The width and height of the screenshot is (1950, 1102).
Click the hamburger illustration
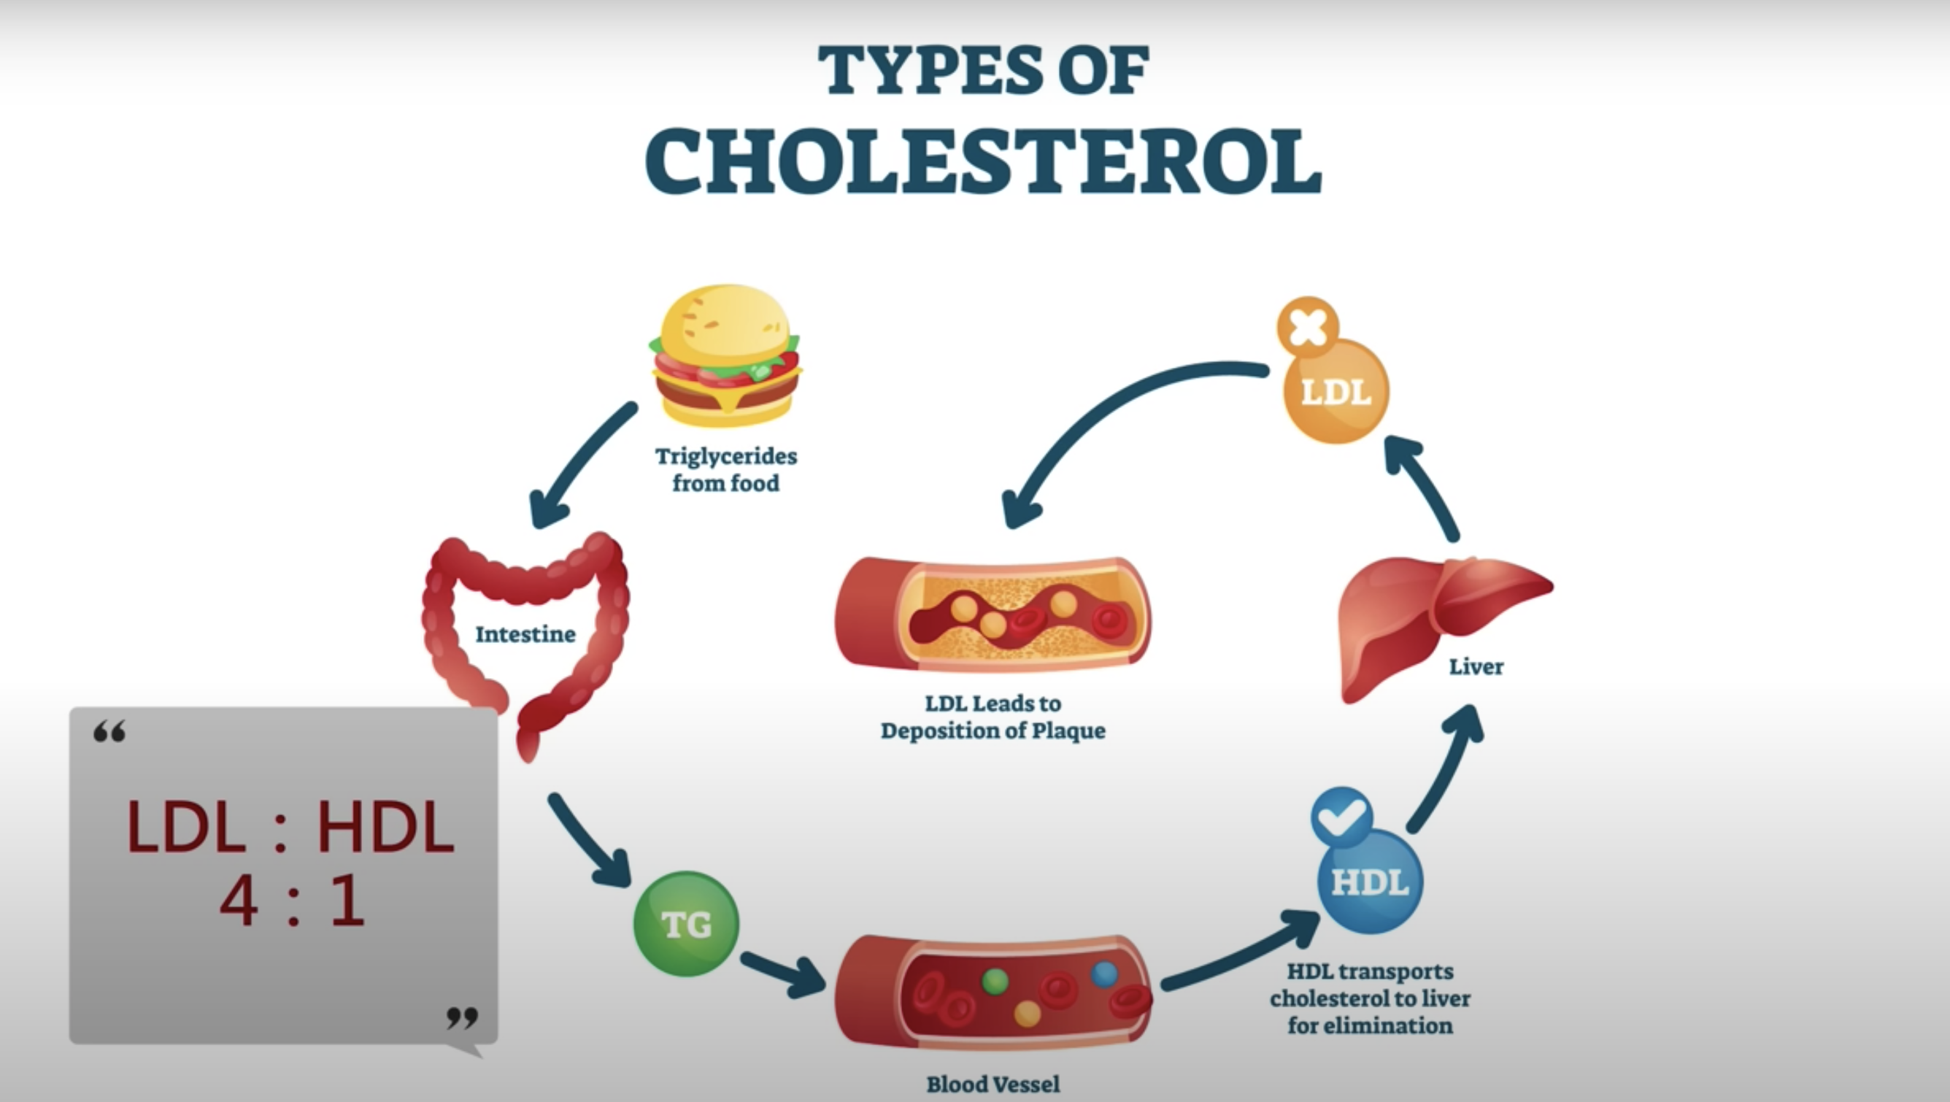point(726,355)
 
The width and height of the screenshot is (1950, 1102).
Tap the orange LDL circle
point(1337,392)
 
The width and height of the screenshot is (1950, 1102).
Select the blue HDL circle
point(1370,882)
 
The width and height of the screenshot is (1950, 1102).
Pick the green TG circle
point(686,924)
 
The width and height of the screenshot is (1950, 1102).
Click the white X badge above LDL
point(1307,328)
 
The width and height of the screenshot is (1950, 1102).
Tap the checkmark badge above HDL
point(1341,817)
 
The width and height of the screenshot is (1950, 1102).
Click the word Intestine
point(525,634)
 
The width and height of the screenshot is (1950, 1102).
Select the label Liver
point(1476,667)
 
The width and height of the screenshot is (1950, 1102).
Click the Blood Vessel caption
point(993,1084)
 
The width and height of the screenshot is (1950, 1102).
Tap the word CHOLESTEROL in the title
point(983,161)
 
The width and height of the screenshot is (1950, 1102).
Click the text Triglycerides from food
point(726,469)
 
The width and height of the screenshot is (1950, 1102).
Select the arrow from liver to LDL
point(1423,485)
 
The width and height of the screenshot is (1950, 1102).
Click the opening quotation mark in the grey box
point(109,732)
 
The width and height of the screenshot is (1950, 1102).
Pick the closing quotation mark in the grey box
point(462,1018)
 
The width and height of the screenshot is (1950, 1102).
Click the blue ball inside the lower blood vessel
point(1104,974)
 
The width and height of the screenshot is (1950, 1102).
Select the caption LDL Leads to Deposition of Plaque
point(993,717)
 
